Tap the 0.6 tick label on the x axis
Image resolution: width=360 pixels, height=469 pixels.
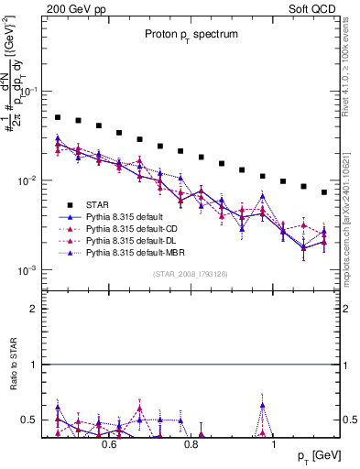click(109, 444)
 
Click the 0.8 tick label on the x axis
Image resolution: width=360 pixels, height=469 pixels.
click(191, 444)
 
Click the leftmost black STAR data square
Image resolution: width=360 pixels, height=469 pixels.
click(58, 117)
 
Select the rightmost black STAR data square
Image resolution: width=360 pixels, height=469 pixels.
click(324, 192)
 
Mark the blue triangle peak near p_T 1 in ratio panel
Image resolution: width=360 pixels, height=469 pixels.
click(263, 404)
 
